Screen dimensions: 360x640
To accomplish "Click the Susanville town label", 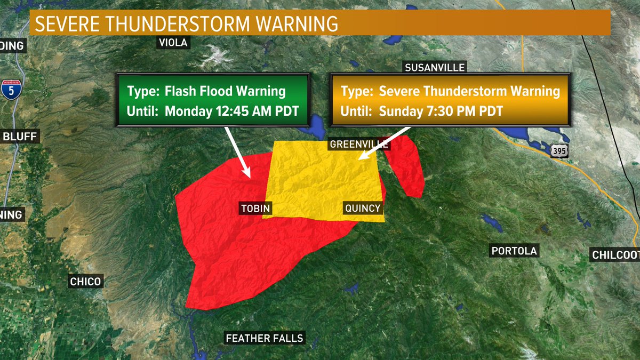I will point(435,68).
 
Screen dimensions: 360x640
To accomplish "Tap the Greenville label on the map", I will point(359,145).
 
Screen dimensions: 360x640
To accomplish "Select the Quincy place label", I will point(363,208).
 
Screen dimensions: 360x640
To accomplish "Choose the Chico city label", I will point(85,281).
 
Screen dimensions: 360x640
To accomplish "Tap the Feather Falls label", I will point(265,338).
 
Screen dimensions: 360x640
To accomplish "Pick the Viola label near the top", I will point(173,43).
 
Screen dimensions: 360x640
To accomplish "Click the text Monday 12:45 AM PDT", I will point(230,111).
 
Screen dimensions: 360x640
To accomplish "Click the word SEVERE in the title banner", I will point(67,24).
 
